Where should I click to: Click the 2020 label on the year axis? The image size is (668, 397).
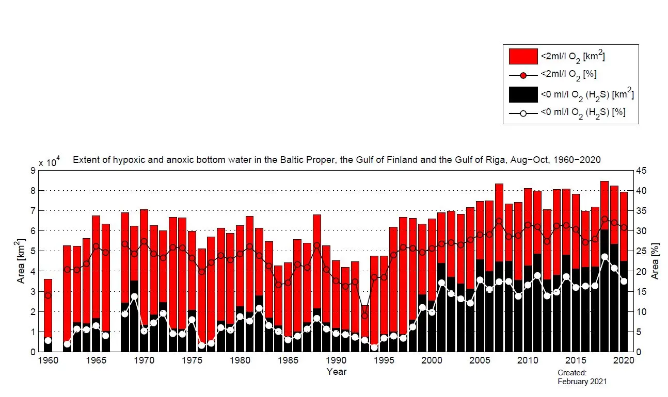coord(624,360)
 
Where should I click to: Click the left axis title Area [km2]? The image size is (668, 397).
coord(21,261)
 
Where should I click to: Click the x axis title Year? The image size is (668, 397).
coord(337,371)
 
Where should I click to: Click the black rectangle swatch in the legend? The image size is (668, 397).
coord(523,95)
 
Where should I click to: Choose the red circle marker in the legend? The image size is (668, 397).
coord(523,75)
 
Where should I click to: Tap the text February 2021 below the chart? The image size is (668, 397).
coord(582,382)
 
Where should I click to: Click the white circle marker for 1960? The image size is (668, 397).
coord(48,340)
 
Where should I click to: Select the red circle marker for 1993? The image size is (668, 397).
coord(364,316)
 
